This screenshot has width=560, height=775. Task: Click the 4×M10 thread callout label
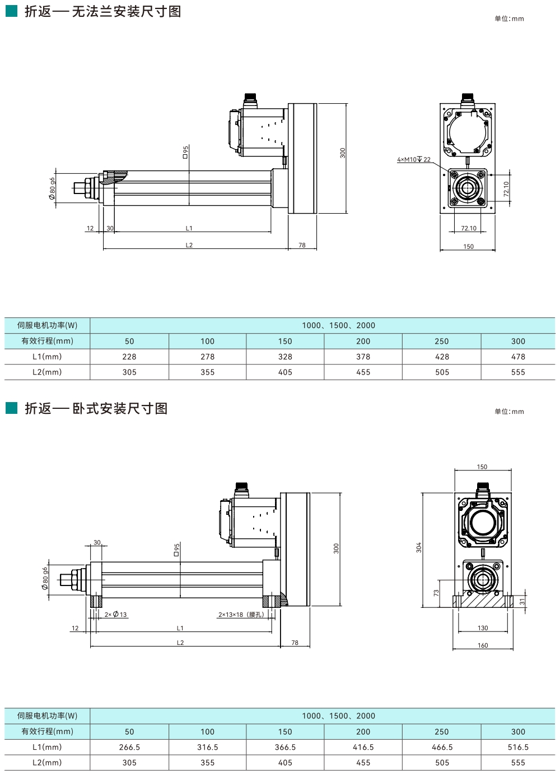(x=413, y=160)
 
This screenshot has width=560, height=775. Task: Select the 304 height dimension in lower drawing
(x=419, y=547)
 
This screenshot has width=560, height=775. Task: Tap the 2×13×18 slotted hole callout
(x=241, y=615)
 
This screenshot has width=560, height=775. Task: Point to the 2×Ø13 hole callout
(x=116, y=615)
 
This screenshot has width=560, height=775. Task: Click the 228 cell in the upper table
(x=129, y=357)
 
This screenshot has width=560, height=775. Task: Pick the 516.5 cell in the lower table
(x=518, y=747)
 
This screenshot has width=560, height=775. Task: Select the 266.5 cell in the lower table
(x=129, y=747)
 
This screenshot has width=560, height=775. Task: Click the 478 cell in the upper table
(x=518, y=357)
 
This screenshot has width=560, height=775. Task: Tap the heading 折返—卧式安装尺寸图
(x=96, y=408)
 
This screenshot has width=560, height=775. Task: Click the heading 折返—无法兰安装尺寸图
(x=103, y=12)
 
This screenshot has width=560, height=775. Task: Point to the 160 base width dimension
(x=483, y=645)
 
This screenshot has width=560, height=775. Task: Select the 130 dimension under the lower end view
(x=483, y=628)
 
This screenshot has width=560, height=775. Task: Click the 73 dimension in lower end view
(x=436, y=593)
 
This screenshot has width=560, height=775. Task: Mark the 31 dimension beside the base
(x=522, y=601)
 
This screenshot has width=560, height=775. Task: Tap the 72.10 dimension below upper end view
(x=469, y=228)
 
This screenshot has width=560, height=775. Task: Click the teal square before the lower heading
(x=11, y=408)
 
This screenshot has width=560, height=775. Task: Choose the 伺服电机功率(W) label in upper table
(x=47, y=325)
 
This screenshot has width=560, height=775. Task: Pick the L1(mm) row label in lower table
(x=47, y=747)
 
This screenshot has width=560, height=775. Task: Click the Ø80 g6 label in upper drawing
(x=53, y=188)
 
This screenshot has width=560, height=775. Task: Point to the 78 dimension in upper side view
(x=302, y=245)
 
